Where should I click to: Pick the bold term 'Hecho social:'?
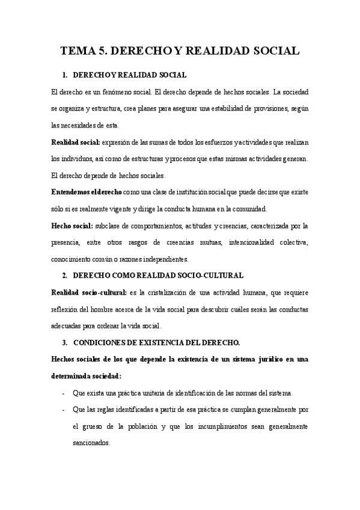click(x=72, y=226)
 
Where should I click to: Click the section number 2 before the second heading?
click(x=64, y=275)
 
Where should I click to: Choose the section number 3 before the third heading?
click(x=64, y=343)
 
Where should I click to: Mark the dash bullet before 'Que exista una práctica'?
click(x=64, y=393)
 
